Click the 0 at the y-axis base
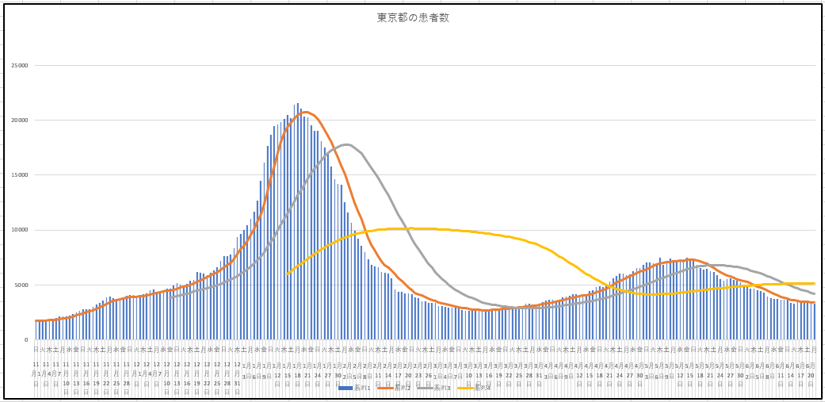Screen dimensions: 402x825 (x=25, y=339)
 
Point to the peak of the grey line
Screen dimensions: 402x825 (x=346, y=144)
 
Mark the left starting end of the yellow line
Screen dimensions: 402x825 (x=287, y=274)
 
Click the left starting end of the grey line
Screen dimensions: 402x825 (x=170, y=297)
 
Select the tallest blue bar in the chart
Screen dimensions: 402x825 (x=297, y=103)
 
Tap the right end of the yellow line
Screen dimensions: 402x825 (x=814, y=283)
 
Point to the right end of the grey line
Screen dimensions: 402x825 (x=814, y=293)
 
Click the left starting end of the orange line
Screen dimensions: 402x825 (x=36, y=321)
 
